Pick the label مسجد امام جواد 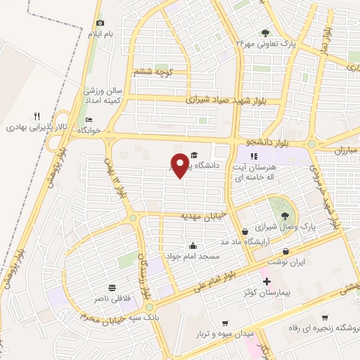pos(188,256)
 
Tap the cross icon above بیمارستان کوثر pos(266,282)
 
